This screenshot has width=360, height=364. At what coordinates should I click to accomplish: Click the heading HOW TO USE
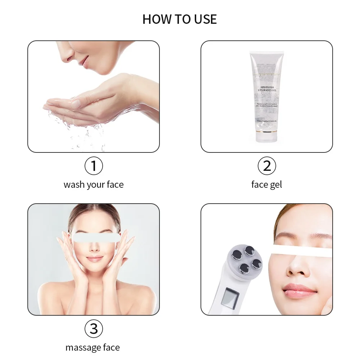(180, 19)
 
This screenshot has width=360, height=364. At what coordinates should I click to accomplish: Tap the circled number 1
(94, 166)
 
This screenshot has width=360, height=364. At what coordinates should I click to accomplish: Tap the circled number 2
(267, 166)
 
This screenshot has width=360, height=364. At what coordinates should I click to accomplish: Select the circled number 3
(94, 329)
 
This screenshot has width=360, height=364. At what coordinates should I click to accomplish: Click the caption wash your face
(94, 185)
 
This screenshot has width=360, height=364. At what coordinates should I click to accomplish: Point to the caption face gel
(267, 185)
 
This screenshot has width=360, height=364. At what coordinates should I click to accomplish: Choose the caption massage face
(93, 348)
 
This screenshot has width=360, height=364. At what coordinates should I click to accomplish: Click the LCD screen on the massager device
(231, 297)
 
